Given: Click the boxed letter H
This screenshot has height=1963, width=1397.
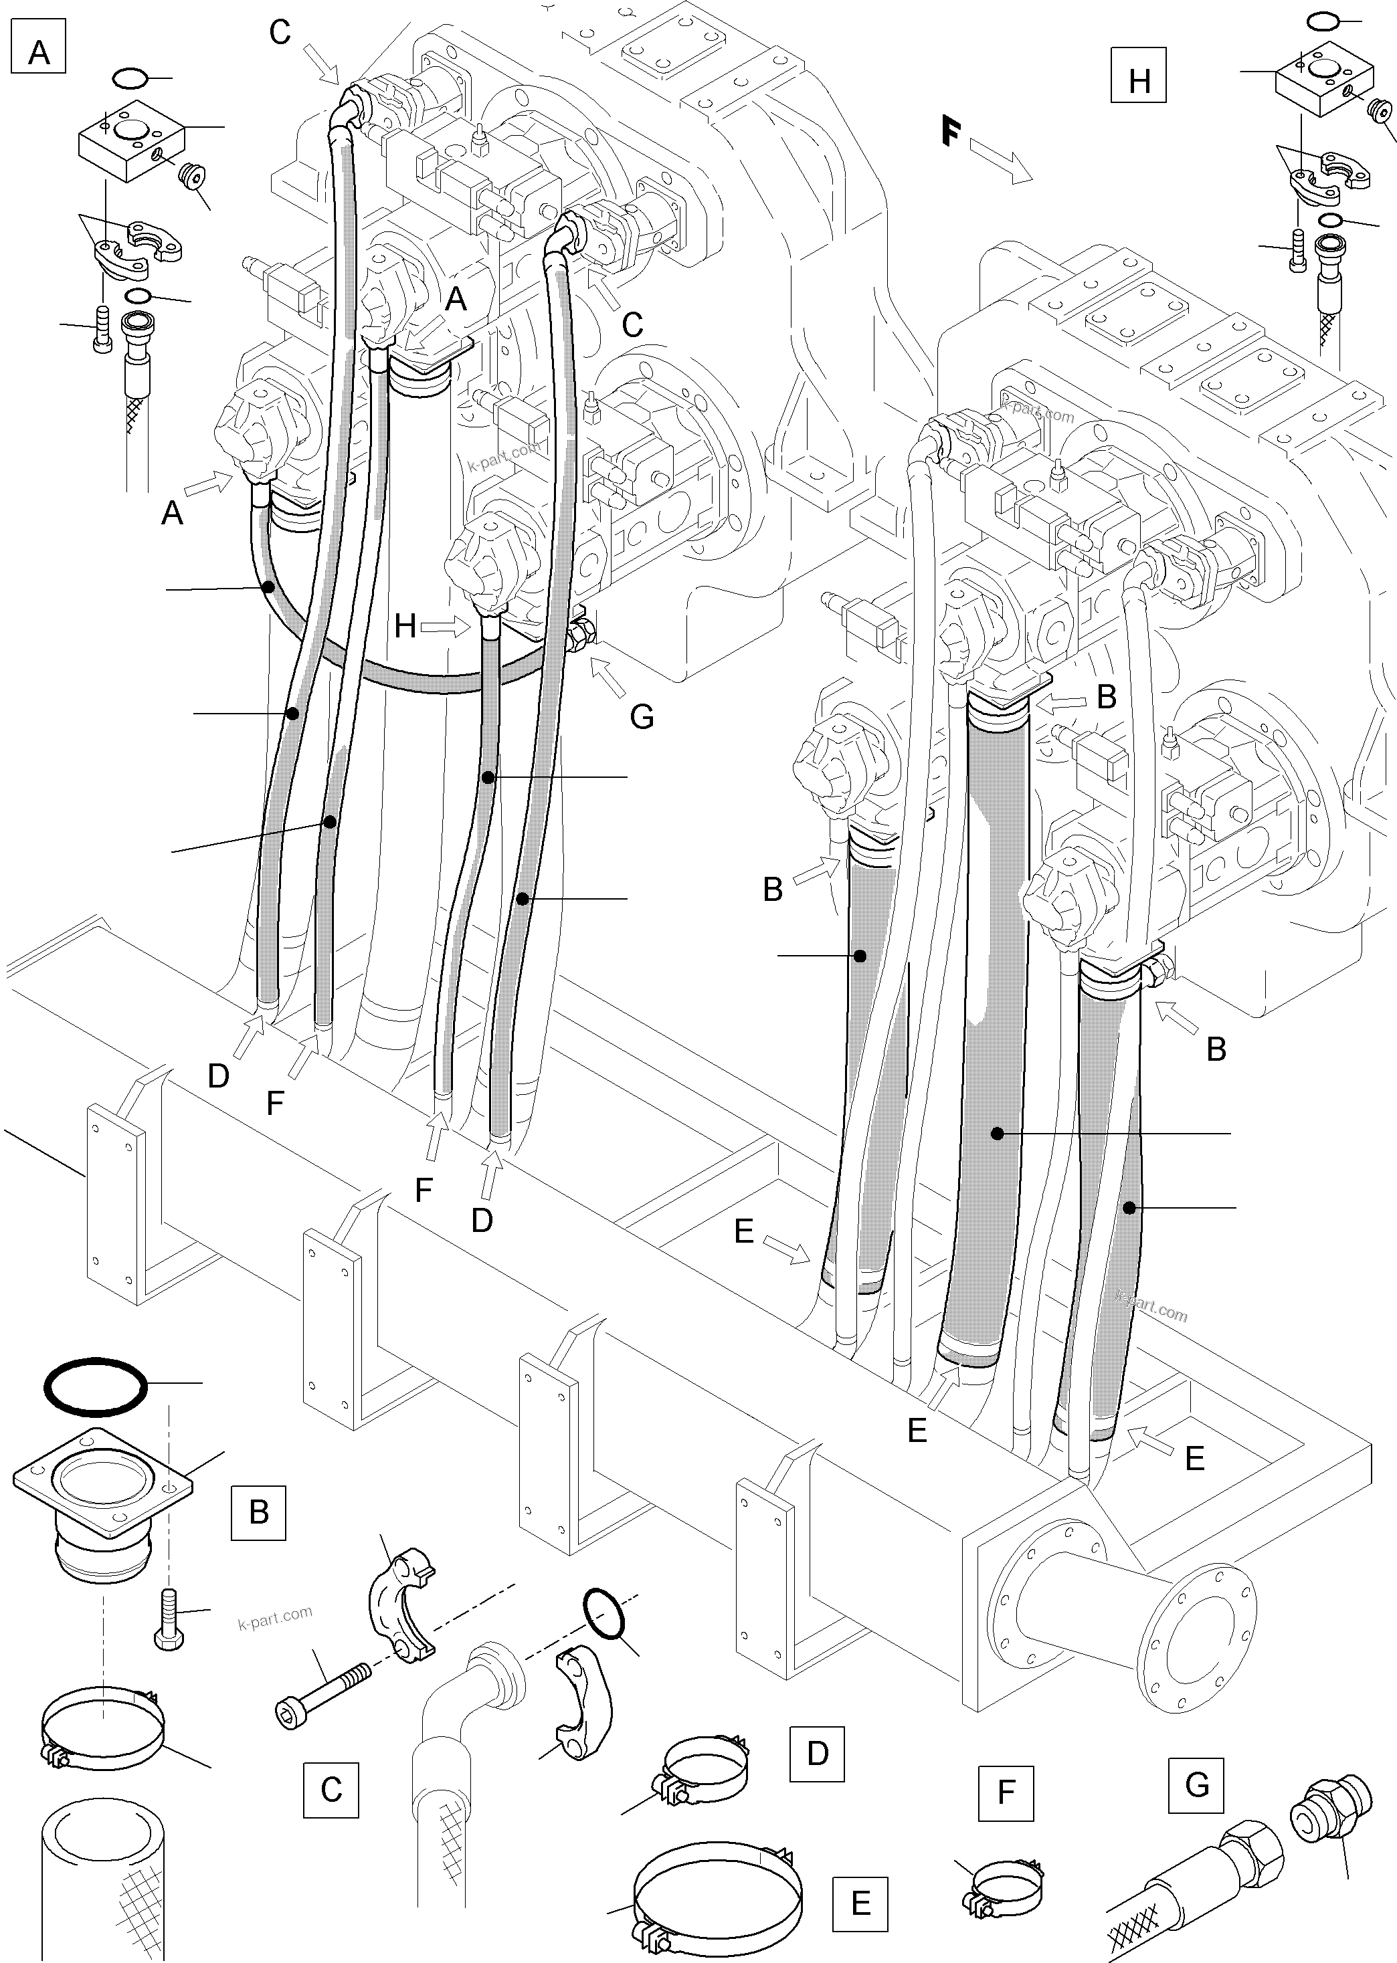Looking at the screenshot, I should point(1138,81).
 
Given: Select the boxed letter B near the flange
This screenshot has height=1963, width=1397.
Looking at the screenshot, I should point(258,1512).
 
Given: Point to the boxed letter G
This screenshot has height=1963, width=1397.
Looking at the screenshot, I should point(1196,1779).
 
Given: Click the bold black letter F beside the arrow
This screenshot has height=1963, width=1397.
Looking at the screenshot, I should point(949,132).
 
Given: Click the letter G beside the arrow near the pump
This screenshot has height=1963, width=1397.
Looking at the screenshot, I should point(642,716).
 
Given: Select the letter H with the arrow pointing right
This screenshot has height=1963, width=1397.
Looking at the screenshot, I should point(405,626).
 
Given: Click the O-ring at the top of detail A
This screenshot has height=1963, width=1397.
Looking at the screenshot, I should point(130,79).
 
